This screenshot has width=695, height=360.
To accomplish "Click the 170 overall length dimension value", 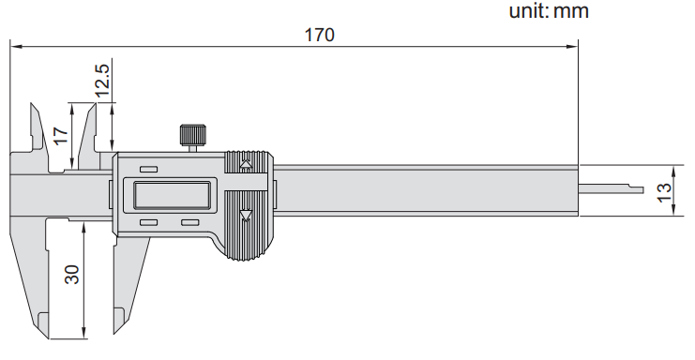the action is pos(319,35).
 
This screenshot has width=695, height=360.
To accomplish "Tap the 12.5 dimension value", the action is pos(102,80).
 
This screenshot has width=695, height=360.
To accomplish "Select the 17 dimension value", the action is pos(61,136).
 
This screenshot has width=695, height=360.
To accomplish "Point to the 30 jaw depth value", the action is pos(72,275).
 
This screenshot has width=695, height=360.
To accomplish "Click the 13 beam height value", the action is pos(664,192).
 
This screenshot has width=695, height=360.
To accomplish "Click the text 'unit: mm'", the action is pos(549,10).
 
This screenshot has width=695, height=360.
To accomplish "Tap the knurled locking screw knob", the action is pos(193,135).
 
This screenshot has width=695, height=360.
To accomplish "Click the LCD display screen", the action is pos(172,195).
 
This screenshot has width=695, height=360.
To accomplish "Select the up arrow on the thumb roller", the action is pos(246,164).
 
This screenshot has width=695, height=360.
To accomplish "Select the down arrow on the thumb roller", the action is pos(246,216).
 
